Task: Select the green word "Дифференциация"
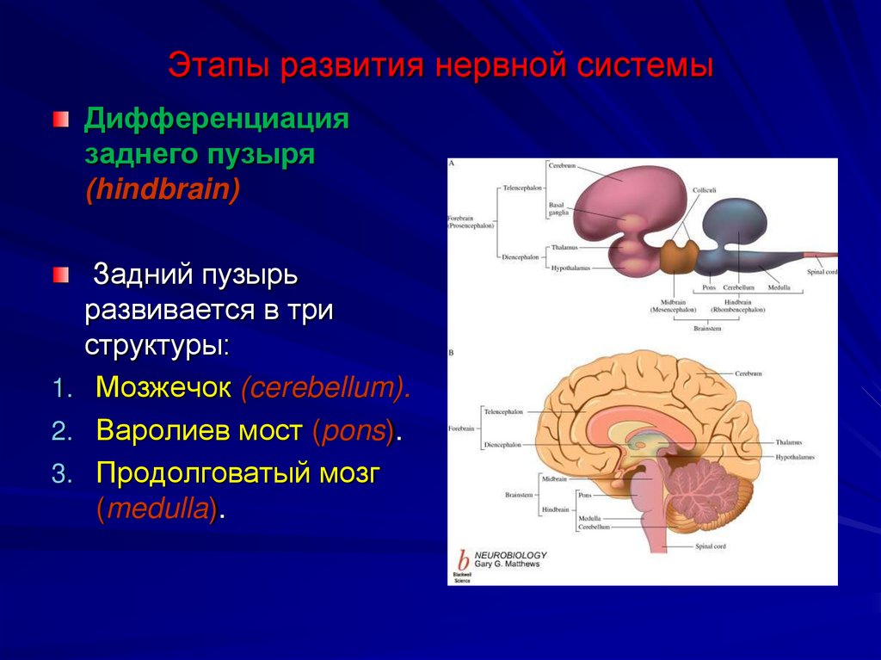(x=216, y=119)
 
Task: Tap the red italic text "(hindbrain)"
(x=161, y=189)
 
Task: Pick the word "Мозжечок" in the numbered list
(x=163, y=387)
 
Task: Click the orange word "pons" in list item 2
(x=353, y=430)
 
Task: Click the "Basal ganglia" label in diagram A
(x=557, y=209)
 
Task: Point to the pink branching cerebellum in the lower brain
(x=695, y=492)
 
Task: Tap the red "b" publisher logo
(x=463, y=558)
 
